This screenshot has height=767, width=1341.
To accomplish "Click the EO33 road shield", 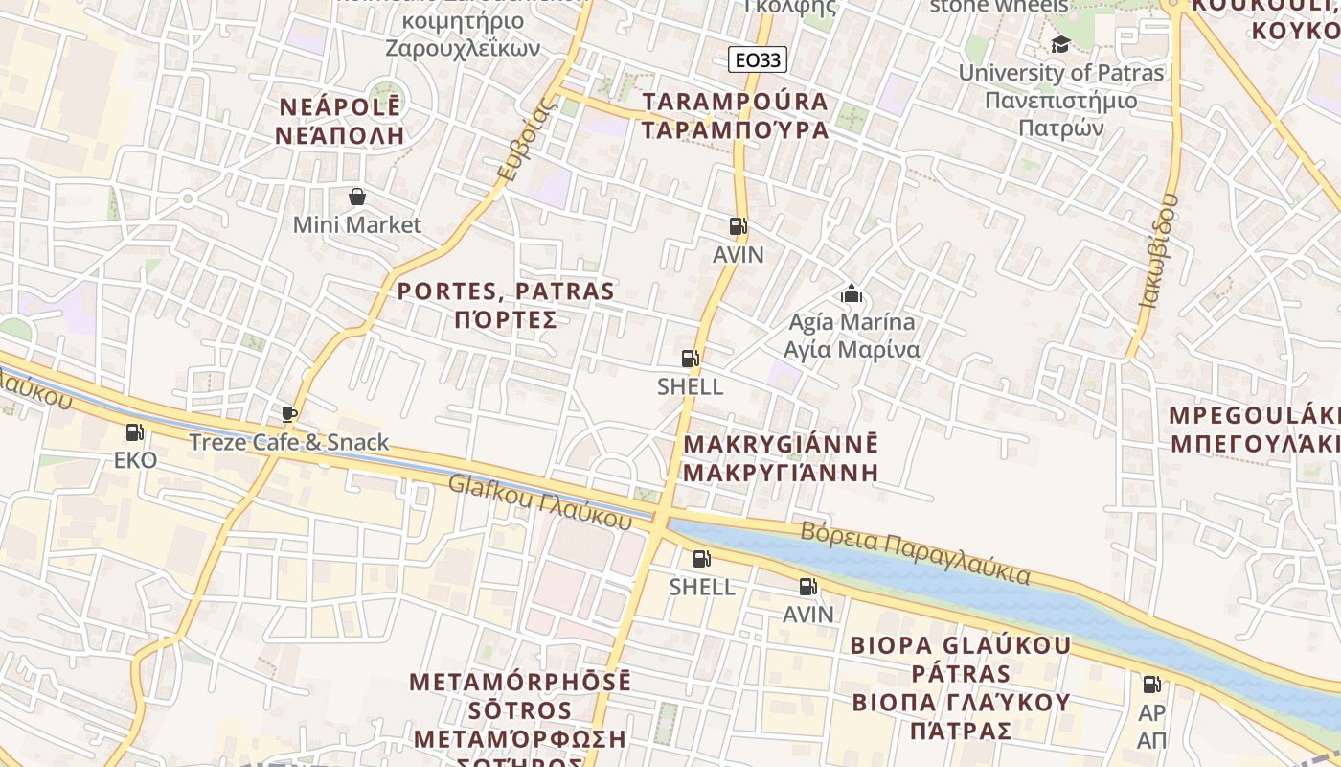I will tap(757, 60).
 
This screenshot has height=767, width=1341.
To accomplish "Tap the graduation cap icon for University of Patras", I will tap(1060, 44).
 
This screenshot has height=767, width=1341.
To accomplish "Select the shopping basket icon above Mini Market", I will tap(357, 197).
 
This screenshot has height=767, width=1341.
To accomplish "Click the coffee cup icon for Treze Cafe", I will tap(289, 414).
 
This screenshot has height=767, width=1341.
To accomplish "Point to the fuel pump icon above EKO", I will tap(135, 432).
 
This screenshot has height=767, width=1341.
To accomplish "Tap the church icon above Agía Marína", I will tap(851, 293).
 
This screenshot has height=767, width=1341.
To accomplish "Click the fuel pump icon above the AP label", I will tap(1151, 685).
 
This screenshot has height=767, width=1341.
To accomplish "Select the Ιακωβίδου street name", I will tap(1158, 249).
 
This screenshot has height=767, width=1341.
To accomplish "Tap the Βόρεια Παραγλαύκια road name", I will tap(916, 553).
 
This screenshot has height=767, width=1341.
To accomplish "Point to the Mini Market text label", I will tap(356, 225).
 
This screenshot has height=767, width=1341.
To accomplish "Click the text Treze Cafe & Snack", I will tap(288, 442).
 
